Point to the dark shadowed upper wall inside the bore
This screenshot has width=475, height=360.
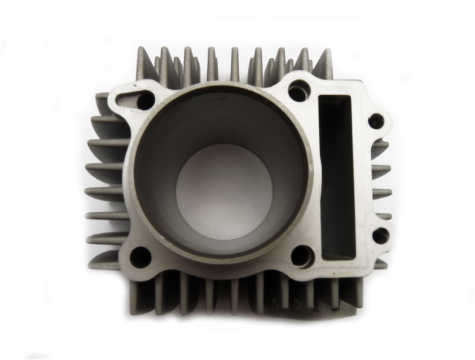coord(215,119)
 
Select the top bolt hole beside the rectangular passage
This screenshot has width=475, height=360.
coord(298,93)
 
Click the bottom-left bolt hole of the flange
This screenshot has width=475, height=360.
coord(140,257)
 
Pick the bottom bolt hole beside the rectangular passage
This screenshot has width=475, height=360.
coord(301,256)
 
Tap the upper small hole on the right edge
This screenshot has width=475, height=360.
coord(376,120)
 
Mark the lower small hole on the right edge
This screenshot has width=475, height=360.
coord(379,235)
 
